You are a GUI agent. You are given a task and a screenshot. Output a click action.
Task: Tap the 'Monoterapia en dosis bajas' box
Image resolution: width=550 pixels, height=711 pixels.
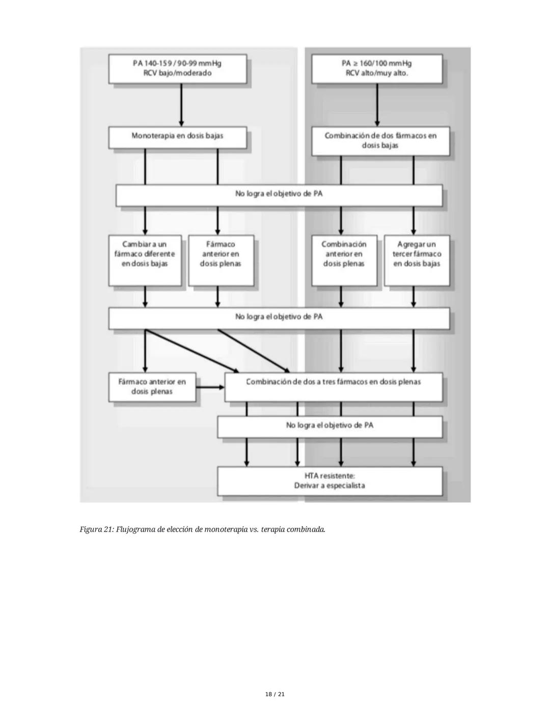tap(177, 136)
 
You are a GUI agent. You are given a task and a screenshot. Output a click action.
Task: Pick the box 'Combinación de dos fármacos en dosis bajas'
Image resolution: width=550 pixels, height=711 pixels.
tap(380, 140)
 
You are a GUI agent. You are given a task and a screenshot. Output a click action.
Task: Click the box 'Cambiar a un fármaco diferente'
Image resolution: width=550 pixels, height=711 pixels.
tap(145, 260)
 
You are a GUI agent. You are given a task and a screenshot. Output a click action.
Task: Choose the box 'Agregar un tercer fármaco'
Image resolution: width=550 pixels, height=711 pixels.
tap(417, 260)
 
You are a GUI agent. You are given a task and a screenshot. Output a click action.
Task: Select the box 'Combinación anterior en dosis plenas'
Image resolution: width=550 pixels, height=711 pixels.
tap(344, 260)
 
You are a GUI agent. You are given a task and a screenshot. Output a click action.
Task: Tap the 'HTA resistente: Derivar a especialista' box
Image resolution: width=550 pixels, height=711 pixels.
tap(329, 480)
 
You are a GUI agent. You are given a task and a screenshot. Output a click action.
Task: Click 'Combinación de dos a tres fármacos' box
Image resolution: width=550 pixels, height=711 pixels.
tap(334, 386)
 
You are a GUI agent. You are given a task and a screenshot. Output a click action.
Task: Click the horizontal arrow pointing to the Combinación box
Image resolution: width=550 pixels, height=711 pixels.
tap(210, 387)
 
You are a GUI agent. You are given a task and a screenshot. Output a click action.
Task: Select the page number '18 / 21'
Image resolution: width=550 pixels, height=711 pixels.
tap(275, 694)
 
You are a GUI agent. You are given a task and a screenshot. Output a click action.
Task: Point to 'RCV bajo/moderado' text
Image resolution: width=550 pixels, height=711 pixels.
tap(177, 73)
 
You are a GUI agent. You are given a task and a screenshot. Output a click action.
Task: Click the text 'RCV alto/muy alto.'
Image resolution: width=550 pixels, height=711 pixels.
tap(377, 73)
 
